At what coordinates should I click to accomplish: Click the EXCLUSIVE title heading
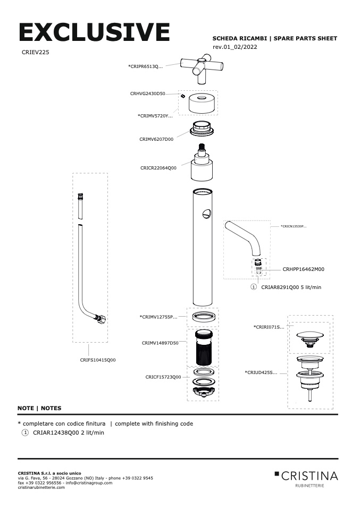tap(94, 33)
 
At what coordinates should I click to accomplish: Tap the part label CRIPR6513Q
tap(145, 66)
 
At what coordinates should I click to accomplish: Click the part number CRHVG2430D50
tap(147, 94)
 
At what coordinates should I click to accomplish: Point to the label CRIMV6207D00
tap(156, 139)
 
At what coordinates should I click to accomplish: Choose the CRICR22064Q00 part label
tap(158, 168)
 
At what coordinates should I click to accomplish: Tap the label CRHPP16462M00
tap(303, 269)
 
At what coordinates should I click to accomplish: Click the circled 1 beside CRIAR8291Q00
tap(254, 287)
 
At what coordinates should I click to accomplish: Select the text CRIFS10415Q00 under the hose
tap(98, 360)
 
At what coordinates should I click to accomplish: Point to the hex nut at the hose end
tap(101, 320)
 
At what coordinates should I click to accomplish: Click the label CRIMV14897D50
tap(160, 343)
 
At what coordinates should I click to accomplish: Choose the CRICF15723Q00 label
tap(163, 377)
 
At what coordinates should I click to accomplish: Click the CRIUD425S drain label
tap(261, 372)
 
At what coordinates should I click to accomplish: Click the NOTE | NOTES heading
tap(39, 408)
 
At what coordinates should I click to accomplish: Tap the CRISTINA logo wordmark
tap(309, 475)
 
